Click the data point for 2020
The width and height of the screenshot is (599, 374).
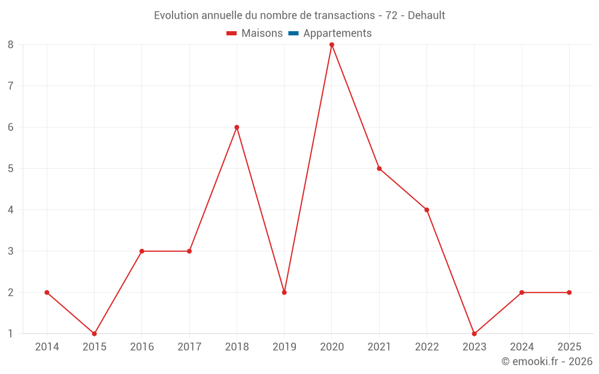point(332,45)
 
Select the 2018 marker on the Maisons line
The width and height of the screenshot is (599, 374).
point(237,127)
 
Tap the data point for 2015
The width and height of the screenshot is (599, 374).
point(94,333)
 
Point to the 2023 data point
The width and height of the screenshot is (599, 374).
point(474,333)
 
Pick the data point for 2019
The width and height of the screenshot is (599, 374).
point(285,293)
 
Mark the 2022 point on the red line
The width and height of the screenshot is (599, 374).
point(426,210)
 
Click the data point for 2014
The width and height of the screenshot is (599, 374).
point(47,293)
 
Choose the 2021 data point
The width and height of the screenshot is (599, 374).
point(379,169)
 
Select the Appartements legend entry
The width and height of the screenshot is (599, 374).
point(337,34)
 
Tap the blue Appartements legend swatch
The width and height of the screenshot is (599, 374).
point(293,34)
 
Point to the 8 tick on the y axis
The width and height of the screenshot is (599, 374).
point(11,45)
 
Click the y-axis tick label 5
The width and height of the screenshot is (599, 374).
point(11,169)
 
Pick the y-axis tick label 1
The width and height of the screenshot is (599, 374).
point(11,333)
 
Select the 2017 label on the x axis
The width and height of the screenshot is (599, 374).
point(189,347)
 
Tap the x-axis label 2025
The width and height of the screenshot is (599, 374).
point(569,347)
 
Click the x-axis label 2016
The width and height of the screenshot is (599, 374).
point(142,347)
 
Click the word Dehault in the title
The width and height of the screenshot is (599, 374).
point(426,16)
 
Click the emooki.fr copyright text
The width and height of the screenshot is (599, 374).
point(547,361)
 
